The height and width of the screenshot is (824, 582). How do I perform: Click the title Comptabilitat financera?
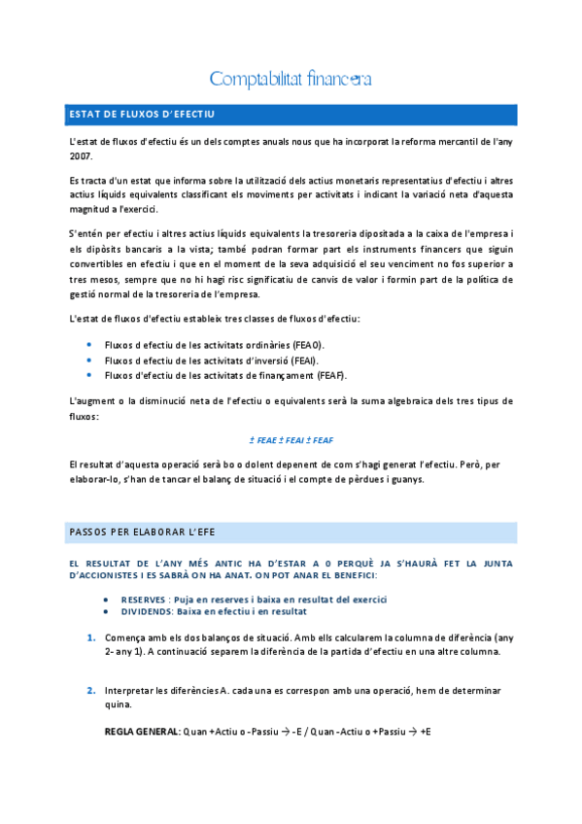point(291,78)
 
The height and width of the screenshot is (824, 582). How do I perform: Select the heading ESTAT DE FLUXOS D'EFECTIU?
point(143,115)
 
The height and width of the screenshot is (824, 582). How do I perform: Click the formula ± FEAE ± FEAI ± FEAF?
point(291,439)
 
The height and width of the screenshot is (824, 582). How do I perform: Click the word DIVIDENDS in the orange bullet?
point(145,611)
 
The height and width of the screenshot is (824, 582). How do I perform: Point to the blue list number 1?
point(90,637)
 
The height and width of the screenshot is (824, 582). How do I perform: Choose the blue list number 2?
point(90,691)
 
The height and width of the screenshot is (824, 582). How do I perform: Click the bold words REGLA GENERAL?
point(142,730)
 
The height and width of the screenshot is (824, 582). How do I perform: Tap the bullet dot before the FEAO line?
point(90,345)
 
